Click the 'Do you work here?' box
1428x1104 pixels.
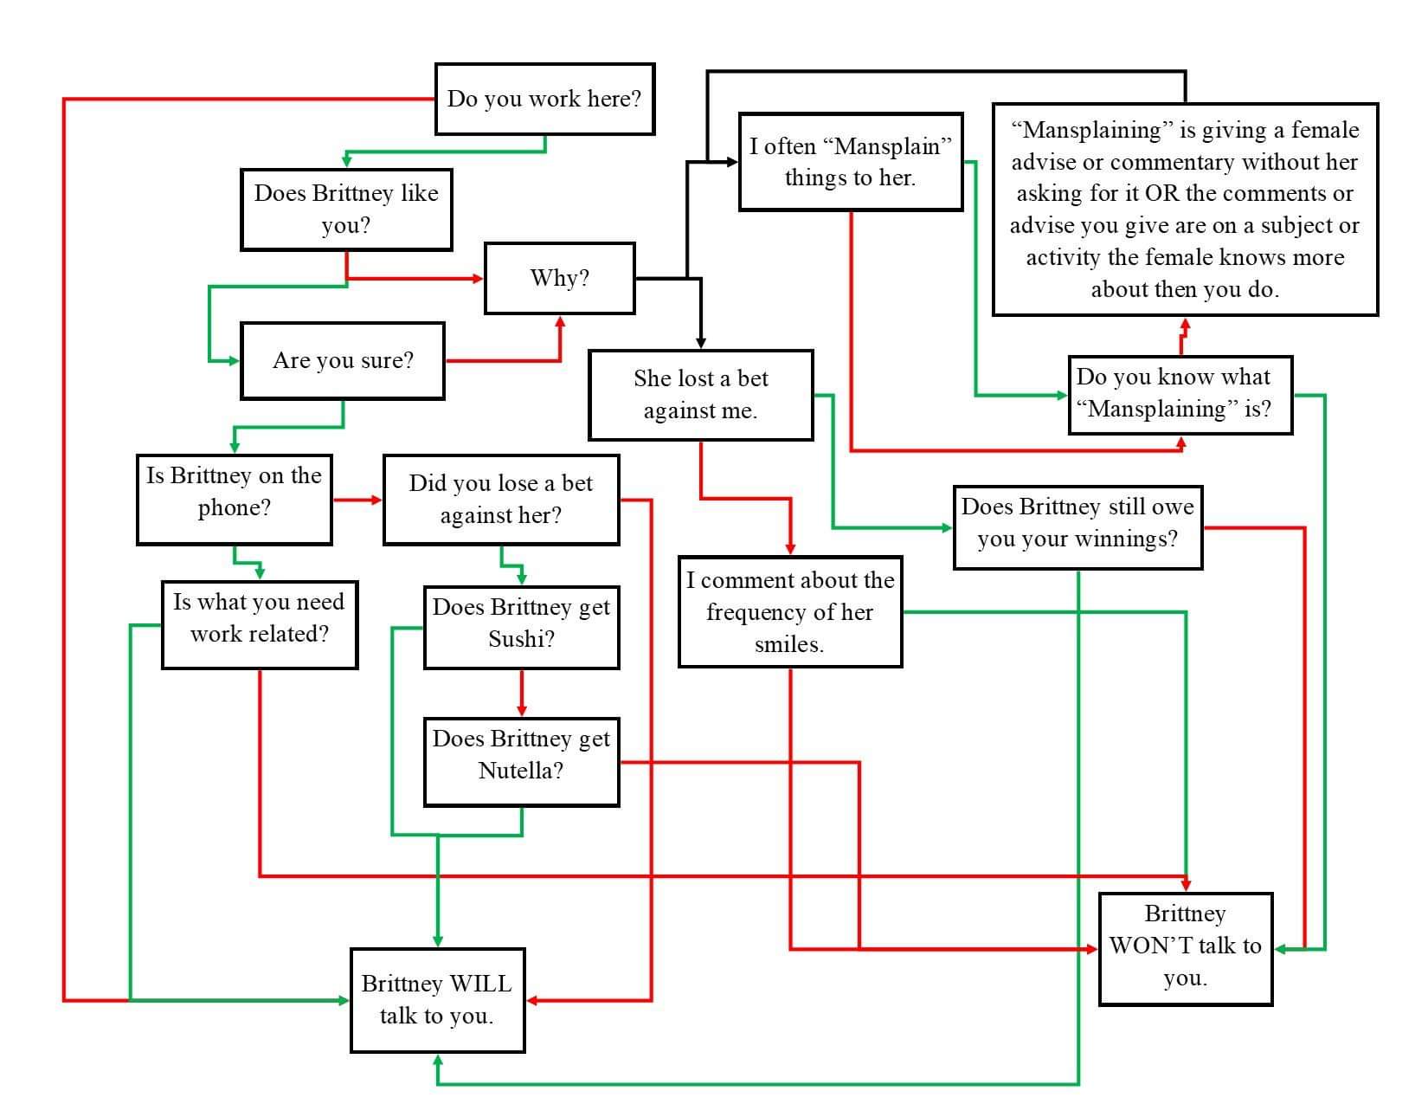click(x=544, y=99)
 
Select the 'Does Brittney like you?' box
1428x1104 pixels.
click(x=346, y=210)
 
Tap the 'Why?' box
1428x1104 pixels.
click(x=559, y=278)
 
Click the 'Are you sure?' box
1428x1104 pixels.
click(x=343, y=360)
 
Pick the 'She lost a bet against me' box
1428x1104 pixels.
click(x=700, y=395)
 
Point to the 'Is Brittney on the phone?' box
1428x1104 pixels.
click(x=234, y=500)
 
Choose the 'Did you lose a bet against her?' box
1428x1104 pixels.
click(x=501, y=500)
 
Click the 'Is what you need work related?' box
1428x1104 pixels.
click(x=260, y=625)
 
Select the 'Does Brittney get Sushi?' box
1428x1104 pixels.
click(x=521, y=627)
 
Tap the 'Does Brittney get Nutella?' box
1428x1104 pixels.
click(x=521, y=762)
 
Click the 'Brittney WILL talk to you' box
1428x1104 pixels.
click(x=437, y=1000)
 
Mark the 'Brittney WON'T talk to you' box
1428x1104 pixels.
click(x=1185, y=948)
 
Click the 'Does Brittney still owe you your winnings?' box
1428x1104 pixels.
click(x=1077, y=526)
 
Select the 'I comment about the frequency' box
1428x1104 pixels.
click(x=789, y=611)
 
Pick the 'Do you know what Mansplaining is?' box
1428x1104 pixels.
click(x=1180, y=394)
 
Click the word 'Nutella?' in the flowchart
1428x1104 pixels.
click(x=521, y=771)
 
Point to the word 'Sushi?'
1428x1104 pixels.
click(x=521, y=639)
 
